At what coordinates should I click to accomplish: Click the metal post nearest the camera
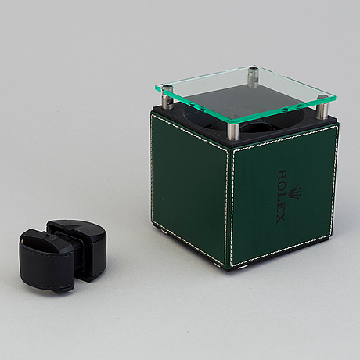[x=233, y=127]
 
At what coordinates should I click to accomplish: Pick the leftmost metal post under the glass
[x=167, y=95]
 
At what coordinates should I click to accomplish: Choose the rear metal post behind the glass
[x=252, y=77]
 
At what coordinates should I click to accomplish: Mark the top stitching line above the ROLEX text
[x=282, y=139]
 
